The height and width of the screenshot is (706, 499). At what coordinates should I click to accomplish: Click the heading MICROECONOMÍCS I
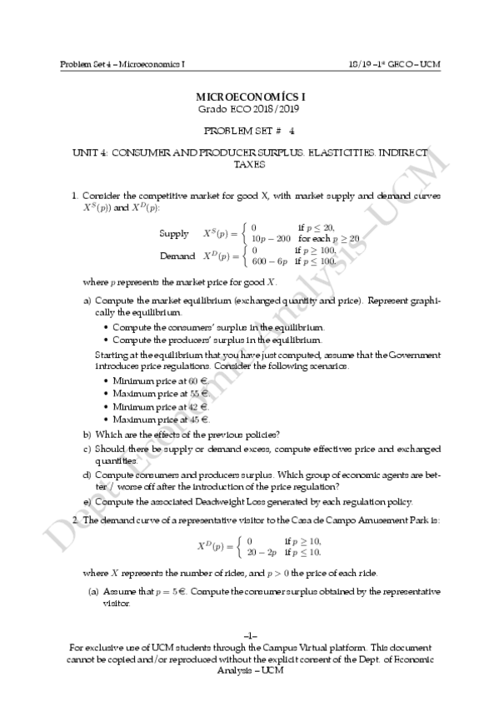(249, 97)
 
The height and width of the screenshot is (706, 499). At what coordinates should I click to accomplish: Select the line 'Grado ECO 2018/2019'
(249, 109)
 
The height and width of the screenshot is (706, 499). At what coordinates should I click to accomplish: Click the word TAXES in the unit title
(249, 165)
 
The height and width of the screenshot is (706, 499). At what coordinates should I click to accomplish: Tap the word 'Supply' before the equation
(173, 232)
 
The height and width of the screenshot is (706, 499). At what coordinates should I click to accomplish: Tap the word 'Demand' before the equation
(177, 255)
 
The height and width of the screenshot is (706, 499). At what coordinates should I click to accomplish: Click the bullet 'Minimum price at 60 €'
(161, 380)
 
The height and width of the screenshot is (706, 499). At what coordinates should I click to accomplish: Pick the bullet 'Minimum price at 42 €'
(161, 406)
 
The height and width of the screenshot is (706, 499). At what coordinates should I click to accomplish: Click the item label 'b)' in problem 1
(87, 434)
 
